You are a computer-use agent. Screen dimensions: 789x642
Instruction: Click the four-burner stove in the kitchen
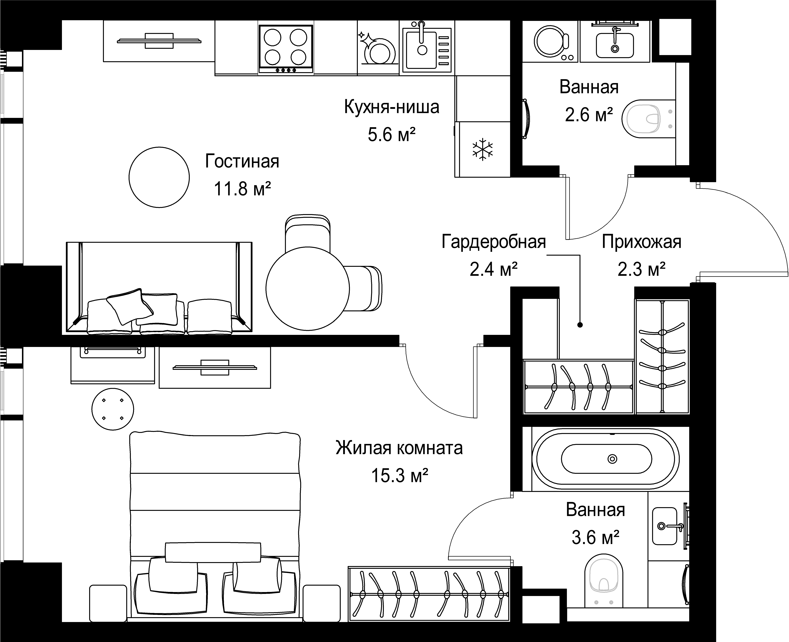coord(286,48)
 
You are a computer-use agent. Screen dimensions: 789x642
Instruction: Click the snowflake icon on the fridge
coord(483,149)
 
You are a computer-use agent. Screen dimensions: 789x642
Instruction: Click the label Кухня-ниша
coord(391,107)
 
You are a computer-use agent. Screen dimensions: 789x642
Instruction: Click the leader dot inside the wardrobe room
coord(580,325)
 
